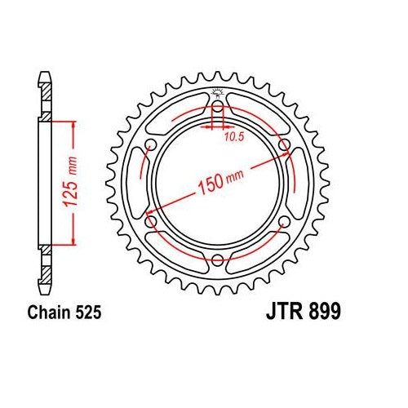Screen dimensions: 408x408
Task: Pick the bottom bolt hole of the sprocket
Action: tap(217, 261)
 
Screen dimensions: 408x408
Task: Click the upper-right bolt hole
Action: tap(285, 144)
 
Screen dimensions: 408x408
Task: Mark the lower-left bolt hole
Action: tap(149, 222)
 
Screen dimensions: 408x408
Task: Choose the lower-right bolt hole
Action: tap(285, 222)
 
